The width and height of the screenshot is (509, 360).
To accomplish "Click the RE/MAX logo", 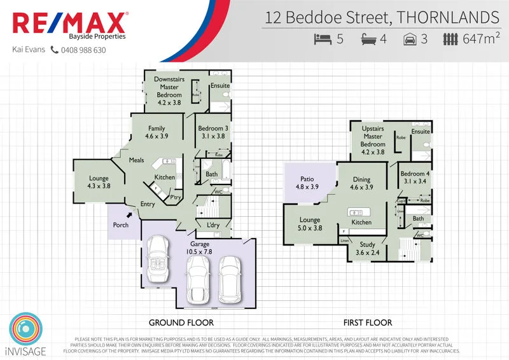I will coord(69,24).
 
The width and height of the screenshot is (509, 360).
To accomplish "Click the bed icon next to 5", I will coord(323,39).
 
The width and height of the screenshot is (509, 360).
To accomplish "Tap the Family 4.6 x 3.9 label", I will coord(156,132).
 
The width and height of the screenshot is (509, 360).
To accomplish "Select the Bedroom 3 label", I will coord(213,132).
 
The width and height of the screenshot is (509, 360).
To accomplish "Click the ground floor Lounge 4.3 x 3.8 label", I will coord(98,183).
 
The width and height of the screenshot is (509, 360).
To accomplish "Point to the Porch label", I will coord(120,225).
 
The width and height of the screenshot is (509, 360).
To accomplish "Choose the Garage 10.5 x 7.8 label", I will coord(199,248).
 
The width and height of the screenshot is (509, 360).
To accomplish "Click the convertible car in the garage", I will coord(157,261).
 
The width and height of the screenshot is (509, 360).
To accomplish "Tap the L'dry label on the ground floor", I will coord(213,225).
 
